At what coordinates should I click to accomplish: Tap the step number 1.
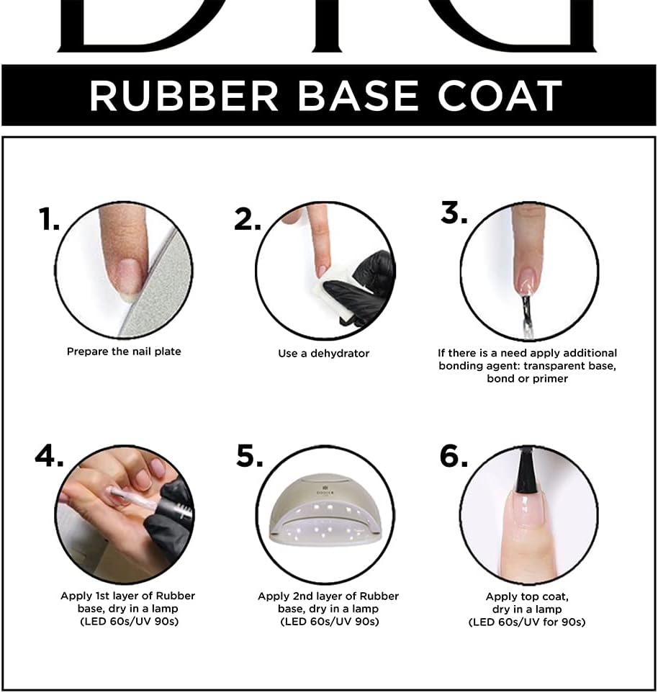click(49, 220)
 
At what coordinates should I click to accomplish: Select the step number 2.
click(248, 220)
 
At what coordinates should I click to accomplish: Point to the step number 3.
click(454, 213)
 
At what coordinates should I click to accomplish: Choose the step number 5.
click(250, 456)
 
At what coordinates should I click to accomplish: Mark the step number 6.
click(454, 456)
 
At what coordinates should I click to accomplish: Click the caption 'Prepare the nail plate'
click(124, 352)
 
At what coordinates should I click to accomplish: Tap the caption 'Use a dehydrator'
click(323, 354)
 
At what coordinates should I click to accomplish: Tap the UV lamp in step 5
click(324, 526)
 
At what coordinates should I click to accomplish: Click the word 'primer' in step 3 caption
click(549, 378)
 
